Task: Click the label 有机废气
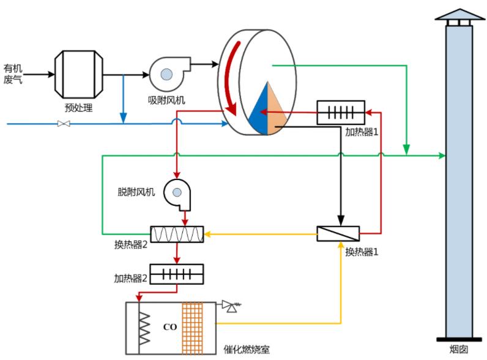pos(13,73)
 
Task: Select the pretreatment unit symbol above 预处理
pos(78,74)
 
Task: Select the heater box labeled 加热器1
pos(341,113)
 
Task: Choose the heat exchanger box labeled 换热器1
pos(338,234)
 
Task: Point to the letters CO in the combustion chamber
pos(170,327)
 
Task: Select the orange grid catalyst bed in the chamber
pos(192,326)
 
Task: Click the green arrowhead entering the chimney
pos(442,156)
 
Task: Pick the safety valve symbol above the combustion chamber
pos(231,304)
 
